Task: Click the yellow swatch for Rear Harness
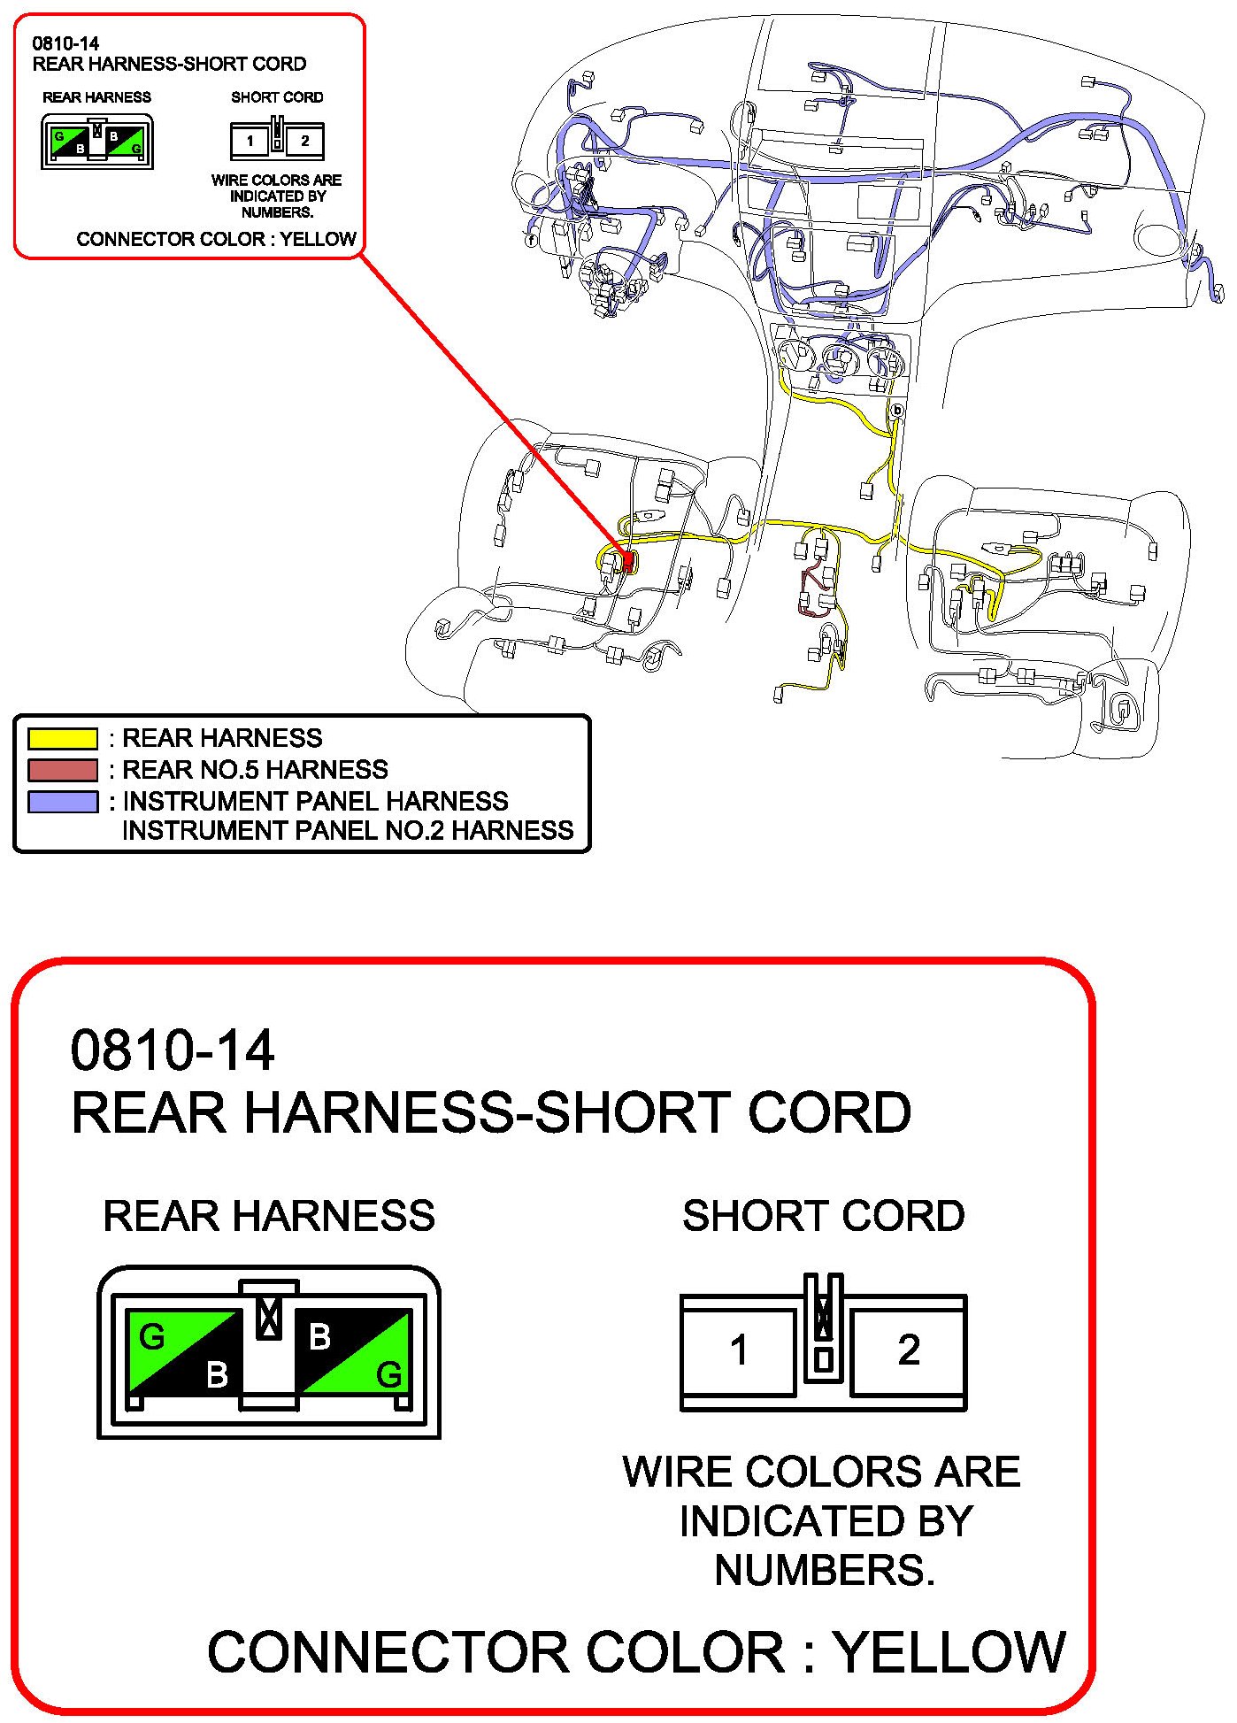(x=62, y=738)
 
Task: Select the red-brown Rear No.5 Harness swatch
(x=62, y=770)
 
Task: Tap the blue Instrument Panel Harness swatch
(x=62, y=802)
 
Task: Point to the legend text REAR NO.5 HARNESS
(x=255, y=770)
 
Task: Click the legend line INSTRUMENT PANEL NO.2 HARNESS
(x=348, y=831)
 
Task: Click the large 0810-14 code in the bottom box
(x=173, y=1050)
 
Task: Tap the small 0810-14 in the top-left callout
(x=65, y=43)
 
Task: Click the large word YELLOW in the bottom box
(x=950, y=1652)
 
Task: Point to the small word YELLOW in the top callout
(x=318, y=239)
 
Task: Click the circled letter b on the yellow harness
(x=897, y=411)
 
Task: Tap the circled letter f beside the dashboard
(x=531, y=240)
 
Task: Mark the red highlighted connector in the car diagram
(x=628, y=561)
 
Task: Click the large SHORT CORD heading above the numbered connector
(x=823, y=1216)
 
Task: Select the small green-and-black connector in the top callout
(x=97, y=142)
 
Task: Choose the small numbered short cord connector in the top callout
(x=277, y=140)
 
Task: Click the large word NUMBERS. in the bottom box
(x=825, y=1571)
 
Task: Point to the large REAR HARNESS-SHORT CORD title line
(x=491, y=1112)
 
